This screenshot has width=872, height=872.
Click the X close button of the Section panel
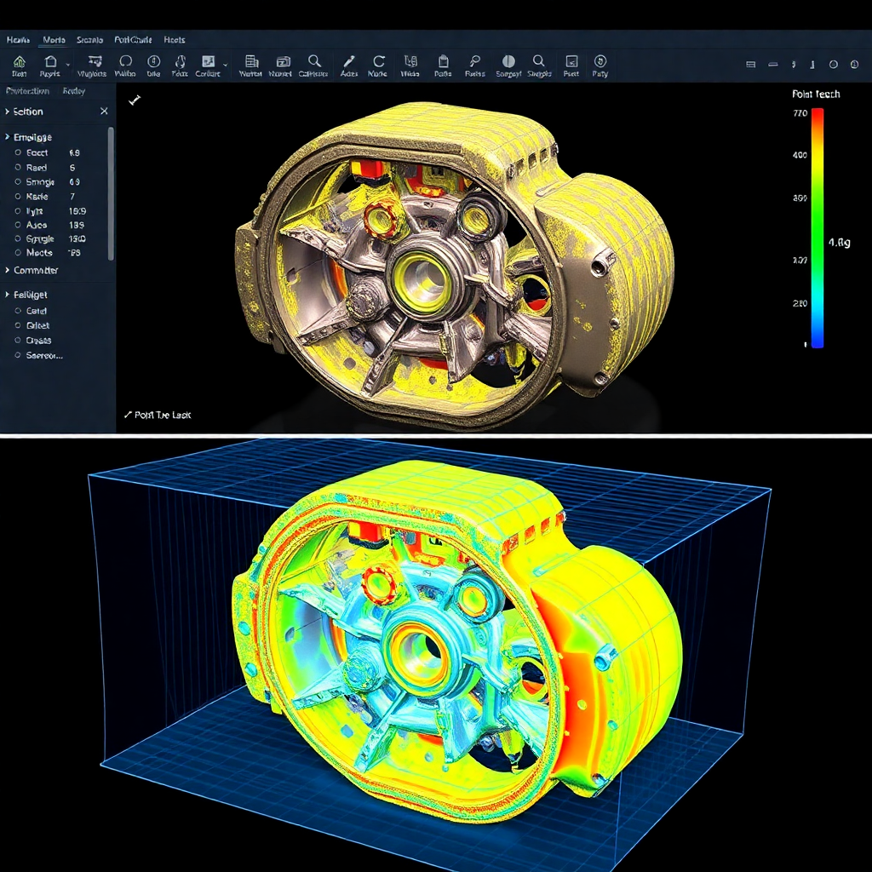(x=104, y=112)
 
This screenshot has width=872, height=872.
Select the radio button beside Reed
(x=18, y=168)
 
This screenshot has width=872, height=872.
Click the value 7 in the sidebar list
(x=72, y=197)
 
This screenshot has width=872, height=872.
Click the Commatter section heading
(x=36, y=270)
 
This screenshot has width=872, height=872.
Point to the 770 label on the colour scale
(x=800, y=113)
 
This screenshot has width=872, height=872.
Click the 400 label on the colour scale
(x=800, y=155)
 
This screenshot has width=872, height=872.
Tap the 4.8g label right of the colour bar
(x=839, y=243)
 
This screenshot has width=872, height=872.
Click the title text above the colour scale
(x=815, y=95)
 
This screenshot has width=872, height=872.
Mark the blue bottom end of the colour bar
(x=817, y=342)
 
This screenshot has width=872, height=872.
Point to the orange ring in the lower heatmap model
(x=378, y=586)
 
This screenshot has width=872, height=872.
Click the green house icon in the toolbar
(x=20, y=61)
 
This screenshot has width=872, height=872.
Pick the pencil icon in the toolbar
(x=348, y=61)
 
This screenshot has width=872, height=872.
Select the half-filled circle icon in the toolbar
(x=508, y=61)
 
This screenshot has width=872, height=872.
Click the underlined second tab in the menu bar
(x=54, y=40)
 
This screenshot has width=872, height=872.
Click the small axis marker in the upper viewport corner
(x=134, y=100)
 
